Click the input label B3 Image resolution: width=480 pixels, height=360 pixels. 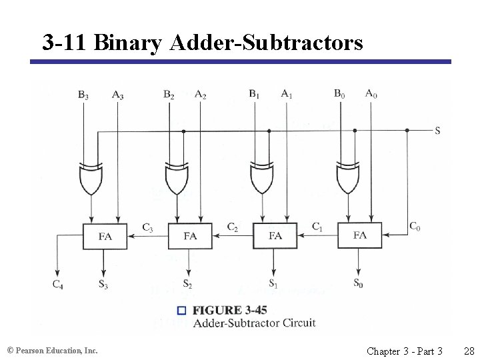[83, 95]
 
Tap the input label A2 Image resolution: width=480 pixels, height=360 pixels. [200, 95]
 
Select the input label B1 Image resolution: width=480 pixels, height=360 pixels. [254, 94]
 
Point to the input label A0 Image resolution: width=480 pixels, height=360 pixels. [371, 93]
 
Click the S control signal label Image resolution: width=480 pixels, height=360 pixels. [437, 131]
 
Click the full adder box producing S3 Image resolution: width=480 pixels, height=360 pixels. [105, 236]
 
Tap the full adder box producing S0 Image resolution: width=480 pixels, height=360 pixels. [360, 235]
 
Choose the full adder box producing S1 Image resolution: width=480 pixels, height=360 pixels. [275, 236]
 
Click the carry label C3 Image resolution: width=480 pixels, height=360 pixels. [147, 228]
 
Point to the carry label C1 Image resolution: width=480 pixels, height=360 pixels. [317, 227]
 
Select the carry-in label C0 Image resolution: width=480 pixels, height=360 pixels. [415, 227]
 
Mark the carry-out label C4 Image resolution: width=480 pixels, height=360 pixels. [58, 285]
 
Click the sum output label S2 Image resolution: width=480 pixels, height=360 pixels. [188, 285]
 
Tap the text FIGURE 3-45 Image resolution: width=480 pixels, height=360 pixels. [226, 310]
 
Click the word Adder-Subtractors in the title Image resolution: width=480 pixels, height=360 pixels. [266, 43]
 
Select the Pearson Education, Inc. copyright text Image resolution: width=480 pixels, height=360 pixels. [52, 350]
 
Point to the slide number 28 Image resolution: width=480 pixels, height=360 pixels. [468, 351]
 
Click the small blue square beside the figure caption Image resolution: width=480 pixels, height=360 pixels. [181, 310]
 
